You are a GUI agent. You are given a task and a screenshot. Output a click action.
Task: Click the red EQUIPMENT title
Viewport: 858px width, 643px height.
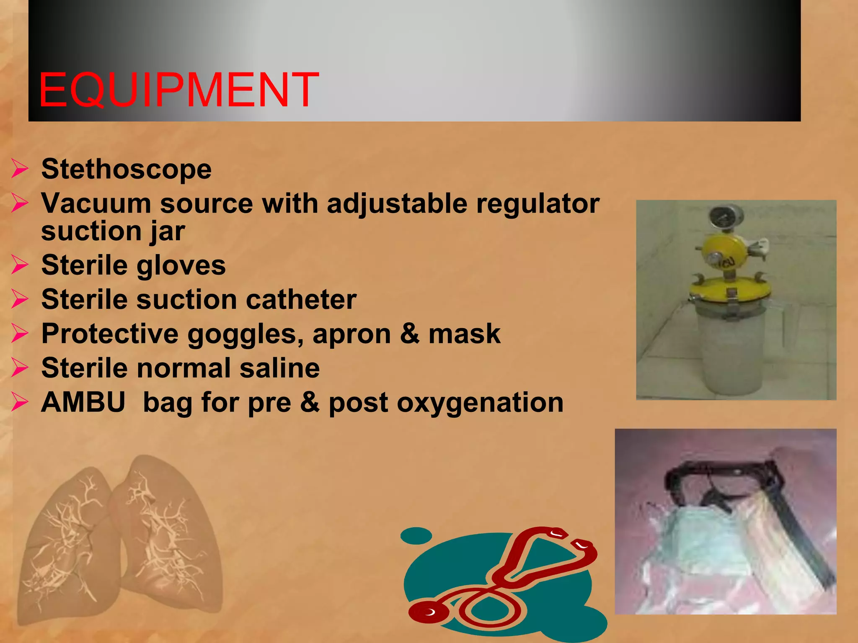[x=178, y=90]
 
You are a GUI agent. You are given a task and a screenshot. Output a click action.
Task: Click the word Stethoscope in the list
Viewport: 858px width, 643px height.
[x=126, y=169]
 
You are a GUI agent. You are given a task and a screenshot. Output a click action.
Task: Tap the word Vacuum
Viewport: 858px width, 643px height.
[x=96, y=204]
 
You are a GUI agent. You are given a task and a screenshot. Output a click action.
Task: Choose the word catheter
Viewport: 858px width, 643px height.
[x=301, y=300]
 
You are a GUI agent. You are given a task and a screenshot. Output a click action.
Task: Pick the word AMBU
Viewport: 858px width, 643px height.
[x=83, y=402]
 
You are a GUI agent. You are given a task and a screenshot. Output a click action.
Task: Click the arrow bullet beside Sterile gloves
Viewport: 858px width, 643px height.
[x=20, y=265]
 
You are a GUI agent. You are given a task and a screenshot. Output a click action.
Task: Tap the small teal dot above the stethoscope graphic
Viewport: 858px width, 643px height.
[x=416, y=536]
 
